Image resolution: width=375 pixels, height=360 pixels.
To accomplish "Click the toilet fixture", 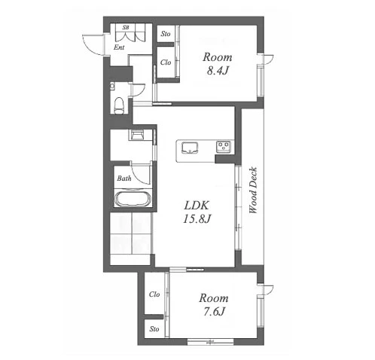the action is tap(119, 105).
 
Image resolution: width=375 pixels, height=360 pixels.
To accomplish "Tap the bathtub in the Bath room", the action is tap(133, 199).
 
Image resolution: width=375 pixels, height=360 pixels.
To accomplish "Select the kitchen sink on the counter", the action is tap(190, 148).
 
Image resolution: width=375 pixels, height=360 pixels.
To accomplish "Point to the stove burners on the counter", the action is tap(224, 147).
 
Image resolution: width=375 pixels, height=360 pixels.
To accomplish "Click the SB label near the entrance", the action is tap(126, 27).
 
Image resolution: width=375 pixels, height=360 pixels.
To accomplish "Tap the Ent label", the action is tap(119, 47).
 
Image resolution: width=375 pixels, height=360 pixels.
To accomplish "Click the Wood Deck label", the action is tap(253, 190).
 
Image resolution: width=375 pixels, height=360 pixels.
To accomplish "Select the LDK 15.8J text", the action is tap(197, 212).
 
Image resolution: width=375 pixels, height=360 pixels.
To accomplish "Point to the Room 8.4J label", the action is tap(218, 63).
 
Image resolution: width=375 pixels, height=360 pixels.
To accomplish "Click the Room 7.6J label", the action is tap(214, 304).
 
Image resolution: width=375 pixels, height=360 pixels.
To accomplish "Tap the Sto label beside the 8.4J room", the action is tap(166, 34).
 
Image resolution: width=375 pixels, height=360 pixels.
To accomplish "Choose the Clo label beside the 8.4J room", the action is tap(166, 63).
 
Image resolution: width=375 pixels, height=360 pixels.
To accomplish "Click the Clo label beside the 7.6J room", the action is tap(154, 294).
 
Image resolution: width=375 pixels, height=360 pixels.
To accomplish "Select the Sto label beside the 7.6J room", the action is tap(154, 329).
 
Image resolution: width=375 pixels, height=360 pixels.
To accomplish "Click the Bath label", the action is tap(124, 178).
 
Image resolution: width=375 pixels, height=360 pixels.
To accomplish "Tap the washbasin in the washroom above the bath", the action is tap(137, 135).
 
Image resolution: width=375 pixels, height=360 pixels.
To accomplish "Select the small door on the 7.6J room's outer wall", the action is tap(267, 291).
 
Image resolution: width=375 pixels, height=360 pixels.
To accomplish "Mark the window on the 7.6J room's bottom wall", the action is tap(211, 341).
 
